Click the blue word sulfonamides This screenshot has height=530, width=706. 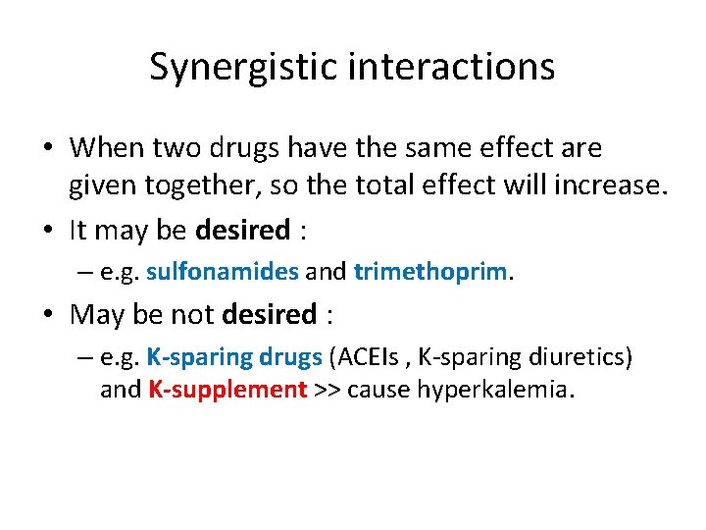pyautogui.click(x=222, y=271)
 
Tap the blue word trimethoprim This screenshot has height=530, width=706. pyautogui.click(x=431, y=271)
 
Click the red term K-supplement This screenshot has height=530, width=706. pyautogui.click(x=228, y=390)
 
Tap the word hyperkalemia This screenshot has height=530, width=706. pyautogui.click(x=497, y=390)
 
